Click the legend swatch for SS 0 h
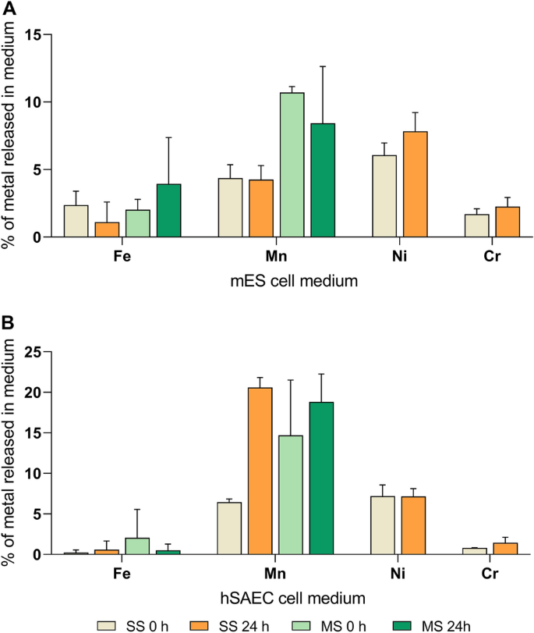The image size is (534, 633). click(110, 624)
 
